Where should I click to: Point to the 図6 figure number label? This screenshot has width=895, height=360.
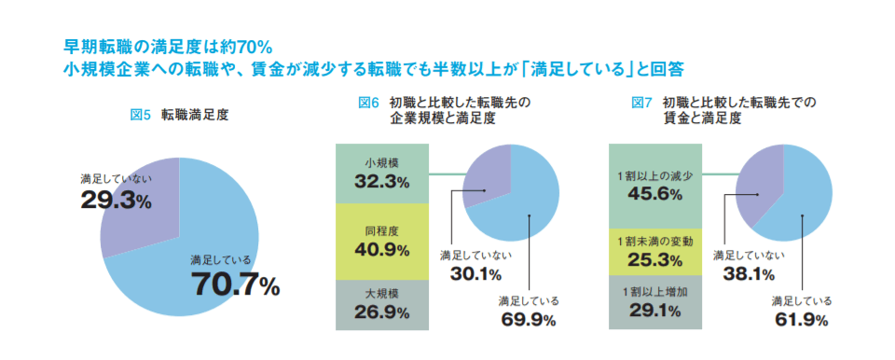coord(369,102)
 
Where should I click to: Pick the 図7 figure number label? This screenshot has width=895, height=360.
coord(642,102)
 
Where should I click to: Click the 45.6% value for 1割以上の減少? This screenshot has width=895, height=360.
coord(654,194)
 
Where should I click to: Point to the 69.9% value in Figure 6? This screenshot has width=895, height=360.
coord(528,320)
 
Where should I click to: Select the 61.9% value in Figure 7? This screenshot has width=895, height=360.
coord(801,320)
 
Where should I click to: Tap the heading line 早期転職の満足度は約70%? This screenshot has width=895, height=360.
coord(168,46)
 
